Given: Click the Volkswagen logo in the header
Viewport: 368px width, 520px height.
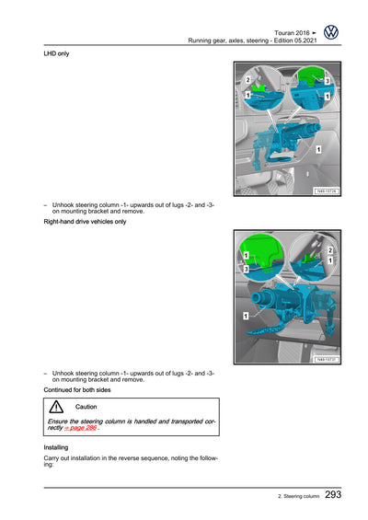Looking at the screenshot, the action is click(x=331, y=32).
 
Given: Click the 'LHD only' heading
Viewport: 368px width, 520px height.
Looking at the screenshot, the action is click(x=56, y=53).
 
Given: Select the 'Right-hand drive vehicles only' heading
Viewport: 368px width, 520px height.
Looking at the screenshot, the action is click(x=85, y=222).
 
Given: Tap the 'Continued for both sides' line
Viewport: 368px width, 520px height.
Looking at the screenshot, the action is click(x=77, y=389).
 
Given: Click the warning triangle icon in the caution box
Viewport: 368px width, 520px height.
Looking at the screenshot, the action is click(x=56, y=407).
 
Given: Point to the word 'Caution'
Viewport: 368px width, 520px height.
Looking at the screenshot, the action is click(x=86, y=407).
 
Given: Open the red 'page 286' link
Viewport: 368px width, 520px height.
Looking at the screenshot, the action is click(x=81, y=428).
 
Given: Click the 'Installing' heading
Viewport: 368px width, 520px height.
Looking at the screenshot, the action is click(x=56, y=447).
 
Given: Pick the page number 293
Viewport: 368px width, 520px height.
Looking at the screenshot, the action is click(x=333, y=494).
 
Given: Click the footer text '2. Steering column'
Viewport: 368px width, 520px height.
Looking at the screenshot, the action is click(x=299, y=496).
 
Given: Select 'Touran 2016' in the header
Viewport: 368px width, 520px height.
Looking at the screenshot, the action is click(x=292, y=33).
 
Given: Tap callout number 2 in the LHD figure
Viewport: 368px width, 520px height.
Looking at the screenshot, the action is click(x=247, y=79).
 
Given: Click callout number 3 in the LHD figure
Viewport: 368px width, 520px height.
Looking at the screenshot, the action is click(x=327, y=81).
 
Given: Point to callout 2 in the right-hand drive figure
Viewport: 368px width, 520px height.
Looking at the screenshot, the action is click(x=330, y=250).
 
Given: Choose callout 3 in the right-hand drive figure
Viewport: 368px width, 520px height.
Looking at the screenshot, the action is click(x=246, y=269).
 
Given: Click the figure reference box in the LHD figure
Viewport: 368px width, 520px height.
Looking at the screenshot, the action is click(x=327, y=191).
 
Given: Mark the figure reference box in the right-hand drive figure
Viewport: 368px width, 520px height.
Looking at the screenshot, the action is click(x=327, y=360).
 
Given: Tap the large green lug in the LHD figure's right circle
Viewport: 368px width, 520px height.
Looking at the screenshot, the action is click(x=311, y=76).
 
